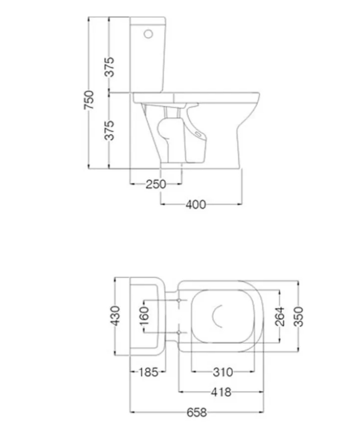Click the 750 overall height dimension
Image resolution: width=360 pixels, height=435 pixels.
pos(89,100)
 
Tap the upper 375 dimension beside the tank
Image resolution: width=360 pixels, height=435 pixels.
pos(110,67)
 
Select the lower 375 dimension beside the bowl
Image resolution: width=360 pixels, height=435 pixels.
pos(110,130)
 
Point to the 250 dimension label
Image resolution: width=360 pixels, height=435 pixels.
pos(156,184)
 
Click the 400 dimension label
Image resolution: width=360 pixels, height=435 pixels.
pos(196,205)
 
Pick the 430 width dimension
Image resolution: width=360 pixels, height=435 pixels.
pos(115,316)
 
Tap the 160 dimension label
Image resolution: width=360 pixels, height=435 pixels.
pos(145,316)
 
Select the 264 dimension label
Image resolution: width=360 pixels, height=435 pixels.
pos(280,316)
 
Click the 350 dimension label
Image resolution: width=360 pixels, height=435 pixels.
pos(299,316)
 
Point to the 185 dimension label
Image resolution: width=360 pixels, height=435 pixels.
pos(148,372)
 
